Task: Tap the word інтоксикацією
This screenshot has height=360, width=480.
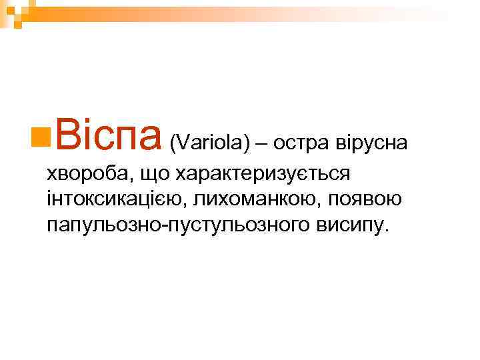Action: click(x=113, y=199)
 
